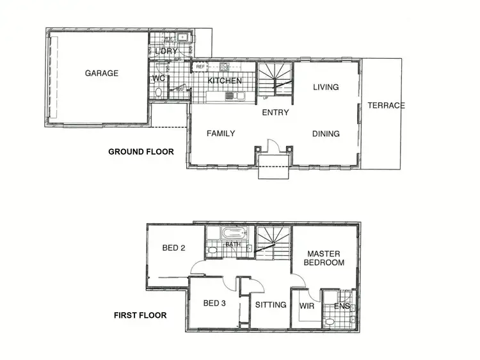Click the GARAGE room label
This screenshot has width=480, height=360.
(102, 73)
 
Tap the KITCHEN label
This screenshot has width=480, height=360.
(225, 81)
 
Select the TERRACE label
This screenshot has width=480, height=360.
(386, 106)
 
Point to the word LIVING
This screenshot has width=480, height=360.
(326, 87)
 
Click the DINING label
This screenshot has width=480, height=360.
(326, 134)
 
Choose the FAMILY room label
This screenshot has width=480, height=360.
(221, 134)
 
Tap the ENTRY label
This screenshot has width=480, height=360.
(275, 113)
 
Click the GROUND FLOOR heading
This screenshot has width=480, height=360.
(141, 152)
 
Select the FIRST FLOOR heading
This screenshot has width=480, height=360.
(140, 315)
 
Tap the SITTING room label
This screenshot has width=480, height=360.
(271, 305)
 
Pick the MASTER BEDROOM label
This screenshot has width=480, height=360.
(324, 258)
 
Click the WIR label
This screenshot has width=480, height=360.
(306, 306)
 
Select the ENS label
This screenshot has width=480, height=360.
(342, 306)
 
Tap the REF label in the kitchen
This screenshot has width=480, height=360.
(200, 67)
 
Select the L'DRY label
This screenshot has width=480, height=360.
(165, 51)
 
